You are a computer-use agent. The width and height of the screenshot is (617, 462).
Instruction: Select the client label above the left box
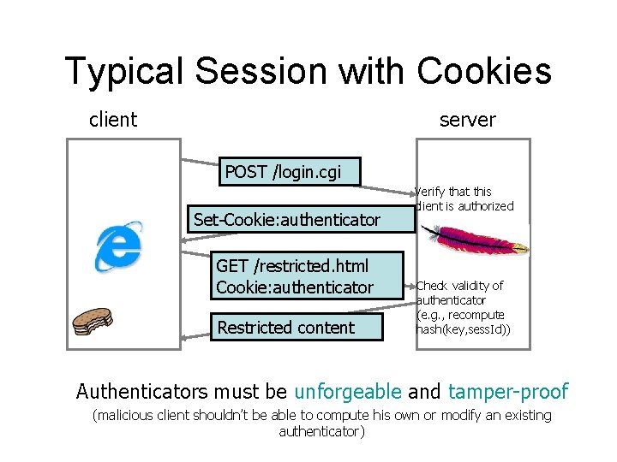coord(113,120)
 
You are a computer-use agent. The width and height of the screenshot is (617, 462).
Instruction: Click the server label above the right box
coord(467,120)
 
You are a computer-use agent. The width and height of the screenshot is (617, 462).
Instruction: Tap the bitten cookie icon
coord(92,321)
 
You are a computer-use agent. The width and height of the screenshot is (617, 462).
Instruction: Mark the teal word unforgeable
coord(347,392)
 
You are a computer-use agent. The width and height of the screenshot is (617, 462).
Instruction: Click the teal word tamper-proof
coord(506,392)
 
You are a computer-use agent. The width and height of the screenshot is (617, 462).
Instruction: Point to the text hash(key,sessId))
coord(463,329)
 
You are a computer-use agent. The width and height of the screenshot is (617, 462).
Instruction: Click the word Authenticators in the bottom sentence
coord(138,392)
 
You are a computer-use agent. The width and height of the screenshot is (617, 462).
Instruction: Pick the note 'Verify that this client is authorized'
coord(464,198)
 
